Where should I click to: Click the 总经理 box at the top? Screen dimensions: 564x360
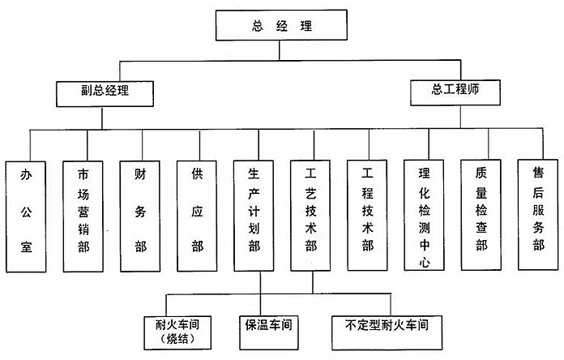[281, 25]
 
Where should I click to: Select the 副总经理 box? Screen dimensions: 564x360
[105, 93]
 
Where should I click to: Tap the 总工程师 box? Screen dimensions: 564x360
[455, 92]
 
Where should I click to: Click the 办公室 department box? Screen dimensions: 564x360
[26, 216]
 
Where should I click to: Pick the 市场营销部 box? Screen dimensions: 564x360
[83, 216]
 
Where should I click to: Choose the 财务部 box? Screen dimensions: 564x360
[140, 216]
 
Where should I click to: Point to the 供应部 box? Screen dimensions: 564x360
[197, 216]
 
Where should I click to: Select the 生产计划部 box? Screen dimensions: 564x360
[254, 216]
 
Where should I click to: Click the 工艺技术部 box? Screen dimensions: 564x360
[310, 216]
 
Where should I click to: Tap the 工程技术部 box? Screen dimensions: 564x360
[367, 216]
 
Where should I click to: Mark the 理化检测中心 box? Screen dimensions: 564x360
[424, 216]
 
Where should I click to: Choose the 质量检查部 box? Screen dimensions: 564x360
[481, 215]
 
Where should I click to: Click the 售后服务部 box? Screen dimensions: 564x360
[538, 215]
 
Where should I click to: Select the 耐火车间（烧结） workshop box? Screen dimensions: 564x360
[177, 333]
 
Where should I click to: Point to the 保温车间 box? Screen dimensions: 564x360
[269, 332]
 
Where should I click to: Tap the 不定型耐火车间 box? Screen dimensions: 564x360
[387, 332]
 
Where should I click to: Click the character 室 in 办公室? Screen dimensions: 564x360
[26, 247]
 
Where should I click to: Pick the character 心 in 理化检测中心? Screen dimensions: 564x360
[425, 262]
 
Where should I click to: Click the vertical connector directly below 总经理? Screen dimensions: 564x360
[280, 50]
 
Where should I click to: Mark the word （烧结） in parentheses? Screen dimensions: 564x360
[177, 339]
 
